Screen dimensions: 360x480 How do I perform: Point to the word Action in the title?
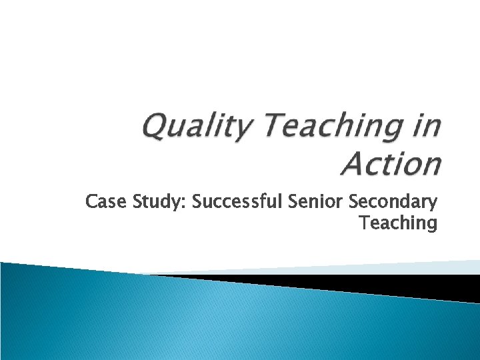(x=390, y=164)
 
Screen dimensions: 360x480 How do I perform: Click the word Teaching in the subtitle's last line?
(x=398, y=223)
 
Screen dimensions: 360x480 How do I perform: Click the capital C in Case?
(x=91, y=202)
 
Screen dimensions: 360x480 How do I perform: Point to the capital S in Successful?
(x=197, y=201)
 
